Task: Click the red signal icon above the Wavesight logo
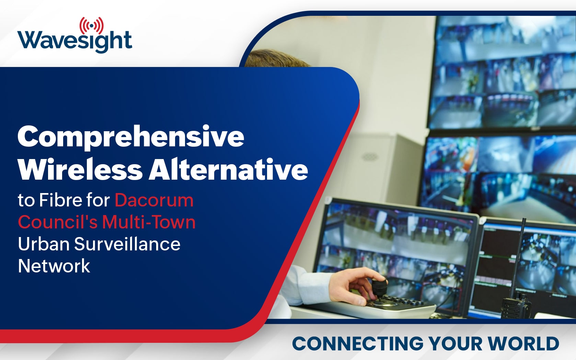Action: click(x=92, y=26)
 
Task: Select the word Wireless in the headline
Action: click(x=80, y=170)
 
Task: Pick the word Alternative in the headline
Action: click(x=228, y=170)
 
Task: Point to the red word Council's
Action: click(x=58, y=222)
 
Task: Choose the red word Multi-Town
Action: click(x=149, y=222)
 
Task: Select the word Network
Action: click(x=54, y=266)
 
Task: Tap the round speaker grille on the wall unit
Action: click(x=370, y=157)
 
